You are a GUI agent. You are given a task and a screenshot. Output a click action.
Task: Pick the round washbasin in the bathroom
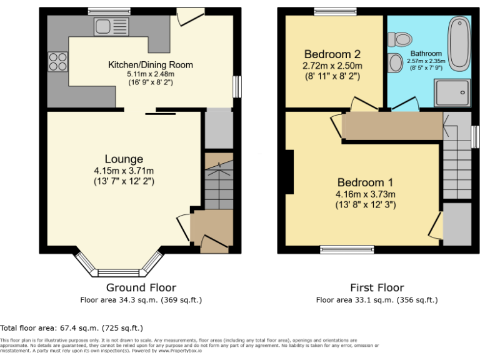(x=395, y=62)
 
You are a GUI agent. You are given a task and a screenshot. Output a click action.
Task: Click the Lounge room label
(x=124, y=159)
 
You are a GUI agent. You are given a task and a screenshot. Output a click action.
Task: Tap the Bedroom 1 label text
(x=365, y=182)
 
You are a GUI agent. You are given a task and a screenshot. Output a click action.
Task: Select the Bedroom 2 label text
(x=332, y=54)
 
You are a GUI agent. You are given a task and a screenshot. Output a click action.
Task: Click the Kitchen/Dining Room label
(x=151, y=64)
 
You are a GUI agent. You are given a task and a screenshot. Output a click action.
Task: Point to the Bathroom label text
(x=426, y=54)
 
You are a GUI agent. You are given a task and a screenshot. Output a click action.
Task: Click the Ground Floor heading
(x=141, y=287)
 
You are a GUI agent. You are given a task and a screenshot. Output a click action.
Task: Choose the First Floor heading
(x=377, y=287)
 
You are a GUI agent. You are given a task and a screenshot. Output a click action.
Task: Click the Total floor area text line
(x=72, y=327)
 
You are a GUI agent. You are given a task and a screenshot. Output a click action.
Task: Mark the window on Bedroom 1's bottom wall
(x=347, y=249)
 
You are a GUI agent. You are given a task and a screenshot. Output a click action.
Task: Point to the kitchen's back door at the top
(x=189, y=15)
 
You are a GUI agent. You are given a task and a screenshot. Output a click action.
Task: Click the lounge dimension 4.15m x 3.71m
(x=124, y=171)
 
